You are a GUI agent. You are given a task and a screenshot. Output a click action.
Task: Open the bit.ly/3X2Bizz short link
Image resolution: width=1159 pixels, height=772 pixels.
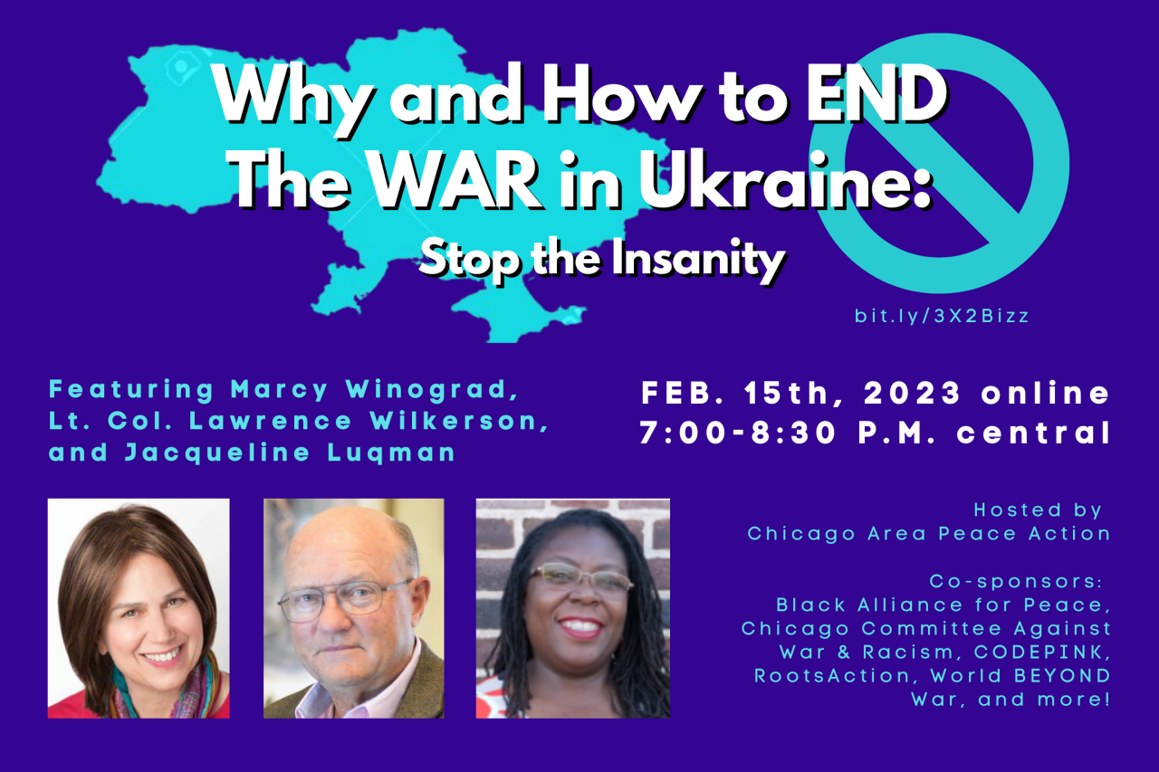(x=942, y=317)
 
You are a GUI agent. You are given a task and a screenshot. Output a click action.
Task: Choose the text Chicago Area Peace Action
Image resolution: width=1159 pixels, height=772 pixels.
(x=929, y=533)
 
